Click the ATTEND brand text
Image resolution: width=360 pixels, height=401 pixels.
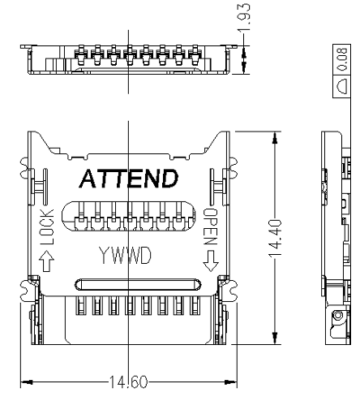(x=129, y=179)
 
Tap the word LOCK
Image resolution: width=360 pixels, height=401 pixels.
(x=47, y=226)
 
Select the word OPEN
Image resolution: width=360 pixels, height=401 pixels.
(x=211, y=226)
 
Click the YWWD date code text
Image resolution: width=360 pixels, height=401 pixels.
(x=125, y=255)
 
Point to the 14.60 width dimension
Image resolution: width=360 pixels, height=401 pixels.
(x=128, y=382)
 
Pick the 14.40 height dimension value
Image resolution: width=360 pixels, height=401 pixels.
(x=275, y=239)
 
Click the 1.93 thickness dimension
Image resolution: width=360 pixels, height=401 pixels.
(x=244, y=18)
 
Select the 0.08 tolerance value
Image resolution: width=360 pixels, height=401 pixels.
(x=342, y=59)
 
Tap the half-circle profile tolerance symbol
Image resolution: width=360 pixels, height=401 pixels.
(x=341, y=87)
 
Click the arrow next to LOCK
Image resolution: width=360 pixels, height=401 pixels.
(x=46, y=261)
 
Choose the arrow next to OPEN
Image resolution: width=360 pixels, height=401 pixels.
(x=211, y=261)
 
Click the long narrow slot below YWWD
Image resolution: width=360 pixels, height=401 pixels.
(x=138, y=285)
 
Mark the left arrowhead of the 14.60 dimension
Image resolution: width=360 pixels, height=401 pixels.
(x=27, y=382)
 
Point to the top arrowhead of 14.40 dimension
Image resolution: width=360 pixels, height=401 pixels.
(x=275, y=137)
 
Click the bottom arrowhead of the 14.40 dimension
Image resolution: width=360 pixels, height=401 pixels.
(x=275, y=338)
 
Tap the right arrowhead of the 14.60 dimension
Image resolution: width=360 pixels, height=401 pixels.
(x=231, y=382)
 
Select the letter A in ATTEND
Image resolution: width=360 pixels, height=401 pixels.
(x=88, y=179)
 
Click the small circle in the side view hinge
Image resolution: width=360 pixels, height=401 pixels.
(x=337, y=315)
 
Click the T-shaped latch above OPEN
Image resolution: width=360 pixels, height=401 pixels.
(x=217, y=187)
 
